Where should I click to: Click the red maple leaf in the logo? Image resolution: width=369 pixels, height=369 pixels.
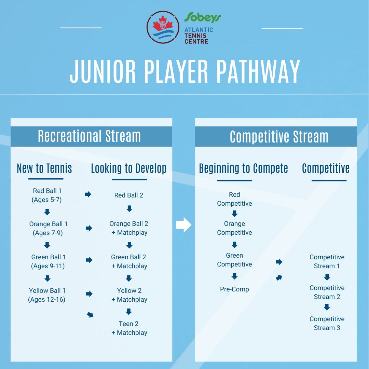tap(163, 23)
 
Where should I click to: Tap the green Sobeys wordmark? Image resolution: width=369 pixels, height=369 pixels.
tap(203, 17)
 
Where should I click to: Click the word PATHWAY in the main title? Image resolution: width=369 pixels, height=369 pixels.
tap(258, 71)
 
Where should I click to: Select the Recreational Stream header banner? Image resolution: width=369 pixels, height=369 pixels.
tap(91, 136)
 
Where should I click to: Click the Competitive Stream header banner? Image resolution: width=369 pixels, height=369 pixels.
tap(276, 136)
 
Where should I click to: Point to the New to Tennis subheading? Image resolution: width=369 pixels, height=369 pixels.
tap(44, 168)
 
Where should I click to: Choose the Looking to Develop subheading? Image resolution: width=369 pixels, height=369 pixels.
tap(129, 168)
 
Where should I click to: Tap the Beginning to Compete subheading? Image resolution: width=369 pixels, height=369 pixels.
tap(244, 168)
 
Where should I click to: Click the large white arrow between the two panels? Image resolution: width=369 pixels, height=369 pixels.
tap(183, 225)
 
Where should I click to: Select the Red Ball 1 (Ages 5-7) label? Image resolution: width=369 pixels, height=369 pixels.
tap(47, 195)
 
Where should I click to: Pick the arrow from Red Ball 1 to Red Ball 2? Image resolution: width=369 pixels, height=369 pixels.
tap(88, 194)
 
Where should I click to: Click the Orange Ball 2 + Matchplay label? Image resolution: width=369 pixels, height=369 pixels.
tap(129, 228)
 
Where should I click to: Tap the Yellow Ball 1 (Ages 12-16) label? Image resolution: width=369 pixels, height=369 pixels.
tap(47, 295)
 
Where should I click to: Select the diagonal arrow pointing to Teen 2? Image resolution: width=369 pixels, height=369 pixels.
tap(90, 315)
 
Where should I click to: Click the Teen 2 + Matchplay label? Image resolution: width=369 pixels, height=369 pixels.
tap(129, 328)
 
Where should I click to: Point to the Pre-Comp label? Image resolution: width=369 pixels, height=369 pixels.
tap(234, 289)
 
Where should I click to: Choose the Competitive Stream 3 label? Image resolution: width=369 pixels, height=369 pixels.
tap(327, 323)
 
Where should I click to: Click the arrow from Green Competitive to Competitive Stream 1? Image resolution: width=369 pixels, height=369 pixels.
tap(279, 262)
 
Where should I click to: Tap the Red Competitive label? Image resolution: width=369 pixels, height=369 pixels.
tap(234, 199)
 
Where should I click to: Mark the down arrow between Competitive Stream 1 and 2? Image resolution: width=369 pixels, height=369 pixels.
tap(327, 277)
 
